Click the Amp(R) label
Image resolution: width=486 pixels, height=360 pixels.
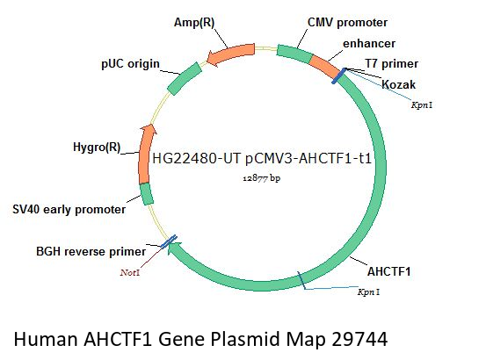click(x=194, y=23)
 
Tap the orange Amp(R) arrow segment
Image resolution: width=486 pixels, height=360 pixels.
click(x=231, y=54)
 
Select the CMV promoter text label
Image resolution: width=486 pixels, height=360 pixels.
click(x=347, y=23)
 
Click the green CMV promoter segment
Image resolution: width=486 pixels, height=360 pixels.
click(x=294, y=54)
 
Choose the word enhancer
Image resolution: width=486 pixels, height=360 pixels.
click(x=369, y=43)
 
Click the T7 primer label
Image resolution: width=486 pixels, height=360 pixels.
click(x=392, y=64)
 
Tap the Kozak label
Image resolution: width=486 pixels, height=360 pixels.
click(x=398, y=84)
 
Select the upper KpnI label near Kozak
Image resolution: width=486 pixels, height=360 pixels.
click(x=422, y=105)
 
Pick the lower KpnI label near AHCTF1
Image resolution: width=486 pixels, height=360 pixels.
click(x=368, y=292)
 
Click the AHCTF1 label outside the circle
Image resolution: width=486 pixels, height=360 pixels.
click(x=388, y=271)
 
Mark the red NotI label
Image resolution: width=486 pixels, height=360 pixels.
click(x=130, y=272)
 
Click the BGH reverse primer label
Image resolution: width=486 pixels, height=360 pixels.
click(x=91, y=251)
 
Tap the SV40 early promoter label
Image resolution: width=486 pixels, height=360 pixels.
click(x=69, y=210)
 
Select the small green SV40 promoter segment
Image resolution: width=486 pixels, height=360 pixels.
click(x=146, y=194)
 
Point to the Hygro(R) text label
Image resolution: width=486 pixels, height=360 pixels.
click(x=97, y=147)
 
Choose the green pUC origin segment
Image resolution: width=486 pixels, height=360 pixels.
click(x=185, y=79)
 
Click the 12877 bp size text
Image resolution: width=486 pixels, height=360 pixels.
click(x=262, y=178)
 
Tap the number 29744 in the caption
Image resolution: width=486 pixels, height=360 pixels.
click(x=359, y=339)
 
